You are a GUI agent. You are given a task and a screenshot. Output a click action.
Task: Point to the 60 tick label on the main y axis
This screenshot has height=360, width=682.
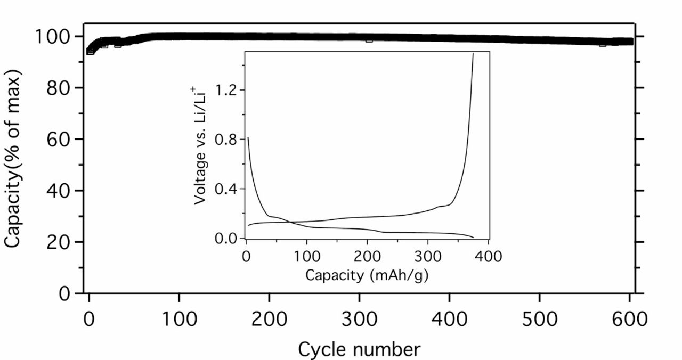[x=59, y=140]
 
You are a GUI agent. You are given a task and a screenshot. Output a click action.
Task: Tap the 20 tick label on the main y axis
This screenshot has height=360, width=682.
[x=59, y=242]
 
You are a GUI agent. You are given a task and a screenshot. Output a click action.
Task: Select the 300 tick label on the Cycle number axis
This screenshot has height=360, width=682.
[x=359, y=320]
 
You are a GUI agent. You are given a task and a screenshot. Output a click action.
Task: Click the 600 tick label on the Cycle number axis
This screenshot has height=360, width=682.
[x=629, y=320]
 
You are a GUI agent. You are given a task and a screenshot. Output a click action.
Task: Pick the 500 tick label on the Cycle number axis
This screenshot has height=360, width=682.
[x=539, y=320]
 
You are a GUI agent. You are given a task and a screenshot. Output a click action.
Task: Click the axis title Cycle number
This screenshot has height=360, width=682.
[x=359, y=349]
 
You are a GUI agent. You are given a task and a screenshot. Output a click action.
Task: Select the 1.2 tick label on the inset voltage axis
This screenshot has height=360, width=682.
[x=227, y=89]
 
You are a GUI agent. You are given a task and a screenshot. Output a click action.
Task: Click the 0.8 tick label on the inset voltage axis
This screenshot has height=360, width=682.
[x=227, y=139]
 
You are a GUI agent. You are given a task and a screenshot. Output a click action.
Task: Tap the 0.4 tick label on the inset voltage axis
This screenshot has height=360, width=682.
[x=227, y=189]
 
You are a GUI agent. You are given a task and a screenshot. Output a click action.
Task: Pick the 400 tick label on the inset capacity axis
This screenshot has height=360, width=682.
[x=488, y=257]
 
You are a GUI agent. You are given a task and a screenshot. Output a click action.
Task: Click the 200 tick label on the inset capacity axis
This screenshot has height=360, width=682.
[x=367, y=257]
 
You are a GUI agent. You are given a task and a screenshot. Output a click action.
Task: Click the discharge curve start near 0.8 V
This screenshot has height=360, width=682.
[x=248, y=138]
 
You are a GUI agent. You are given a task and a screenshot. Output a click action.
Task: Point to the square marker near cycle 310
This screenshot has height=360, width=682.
[x=369, y=39]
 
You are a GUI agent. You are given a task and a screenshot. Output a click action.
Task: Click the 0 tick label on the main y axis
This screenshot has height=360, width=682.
[x=64, y=293]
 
